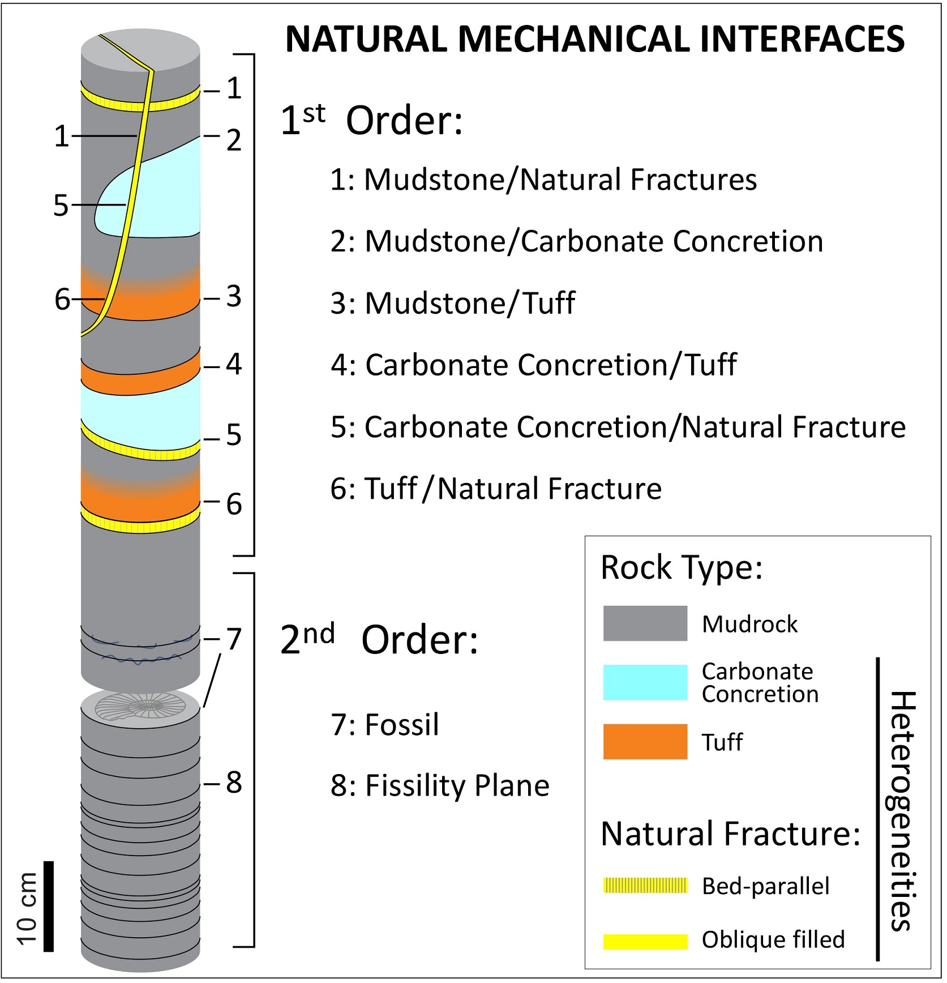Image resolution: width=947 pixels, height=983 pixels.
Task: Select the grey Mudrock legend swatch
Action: click(x=645, y=623)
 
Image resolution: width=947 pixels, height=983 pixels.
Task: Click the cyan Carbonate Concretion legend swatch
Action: click(x=645, y=682)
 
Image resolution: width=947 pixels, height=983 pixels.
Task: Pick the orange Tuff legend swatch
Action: click(x=645, y=741)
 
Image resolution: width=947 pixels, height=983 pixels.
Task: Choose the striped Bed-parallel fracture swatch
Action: click(x=645, y=885)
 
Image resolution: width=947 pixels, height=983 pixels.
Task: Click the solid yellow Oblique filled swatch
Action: click(x=645, y=941)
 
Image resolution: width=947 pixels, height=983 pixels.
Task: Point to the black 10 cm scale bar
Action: click(x=49, y=906)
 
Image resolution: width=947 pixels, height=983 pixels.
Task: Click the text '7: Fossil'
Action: click(x=385, y=724)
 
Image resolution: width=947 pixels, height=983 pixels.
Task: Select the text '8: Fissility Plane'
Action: click(x=440, y=785)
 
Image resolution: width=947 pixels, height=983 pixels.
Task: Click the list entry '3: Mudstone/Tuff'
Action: click(x=453, y=303)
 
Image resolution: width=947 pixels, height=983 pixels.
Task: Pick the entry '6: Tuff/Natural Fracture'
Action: click(x=496, y=489)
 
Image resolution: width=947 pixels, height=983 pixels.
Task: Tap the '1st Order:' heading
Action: click(x=371, y=121)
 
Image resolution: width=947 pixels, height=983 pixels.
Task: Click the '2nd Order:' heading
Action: click(x=379, y=640)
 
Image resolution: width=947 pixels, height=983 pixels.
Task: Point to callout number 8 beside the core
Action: click(x=234, y=783)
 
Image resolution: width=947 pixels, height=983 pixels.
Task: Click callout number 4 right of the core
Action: click(x=234, y=364)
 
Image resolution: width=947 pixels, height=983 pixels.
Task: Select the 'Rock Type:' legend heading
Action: click(x=682, y=567)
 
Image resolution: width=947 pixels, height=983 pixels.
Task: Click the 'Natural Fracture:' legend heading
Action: click(x=730, y=834)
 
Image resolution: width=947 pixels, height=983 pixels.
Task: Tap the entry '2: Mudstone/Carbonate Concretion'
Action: click(x=576, y=241)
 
